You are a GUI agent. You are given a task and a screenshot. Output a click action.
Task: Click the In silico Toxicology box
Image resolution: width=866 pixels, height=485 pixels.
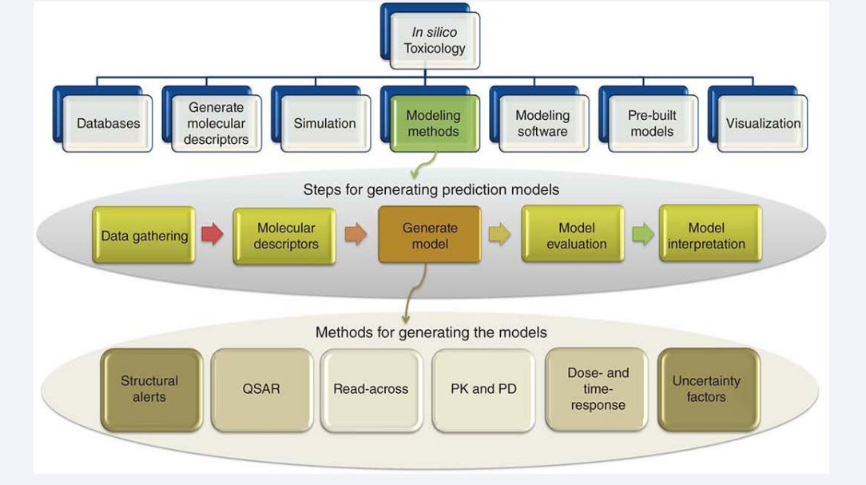(x=435, y=40)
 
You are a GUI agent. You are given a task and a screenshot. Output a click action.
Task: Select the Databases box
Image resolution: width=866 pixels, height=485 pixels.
(x=108, y=123)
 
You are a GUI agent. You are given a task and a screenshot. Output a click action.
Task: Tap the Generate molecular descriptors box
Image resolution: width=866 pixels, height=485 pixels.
(x=216, y=123)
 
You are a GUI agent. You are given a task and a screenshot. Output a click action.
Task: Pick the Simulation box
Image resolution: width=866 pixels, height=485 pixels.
(x=325, y=123)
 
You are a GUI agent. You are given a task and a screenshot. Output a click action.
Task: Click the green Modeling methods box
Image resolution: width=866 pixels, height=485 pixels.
(x=435, y=123)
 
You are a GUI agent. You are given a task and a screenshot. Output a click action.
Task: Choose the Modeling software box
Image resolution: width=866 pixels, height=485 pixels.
(x=543, y=123)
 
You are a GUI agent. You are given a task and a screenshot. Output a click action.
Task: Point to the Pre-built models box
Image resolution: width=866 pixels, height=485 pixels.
(x=653, y=123)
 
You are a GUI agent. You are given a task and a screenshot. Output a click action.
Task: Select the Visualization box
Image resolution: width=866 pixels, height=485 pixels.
(x=762, y=123)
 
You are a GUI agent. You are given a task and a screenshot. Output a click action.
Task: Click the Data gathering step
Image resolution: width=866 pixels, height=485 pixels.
(x=144, y=236)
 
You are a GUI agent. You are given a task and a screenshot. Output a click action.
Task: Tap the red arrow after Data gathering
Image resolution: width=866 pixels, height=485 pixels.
(x=212, y=234)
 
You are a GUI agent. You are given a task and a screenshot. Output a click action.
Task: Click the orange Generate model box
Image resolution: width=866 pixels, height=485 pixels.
(x=430, y=236)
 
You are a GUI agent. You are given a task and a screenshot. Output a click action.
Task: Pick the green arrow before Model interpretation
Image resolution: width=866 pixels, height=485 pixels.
(x=643, y=234)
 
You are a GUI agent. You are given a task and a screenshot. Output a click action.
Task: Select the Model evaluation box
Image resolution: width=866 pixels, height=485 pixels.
(x=574, y=236)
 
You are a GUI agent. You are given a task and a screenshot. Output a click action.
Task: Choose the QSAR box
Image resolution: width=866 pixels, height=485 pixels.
(x=262, y=389)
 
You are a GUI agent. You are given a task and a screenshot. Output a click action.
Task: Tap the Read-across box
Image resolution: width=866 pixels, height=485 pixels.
(x=371, y=389)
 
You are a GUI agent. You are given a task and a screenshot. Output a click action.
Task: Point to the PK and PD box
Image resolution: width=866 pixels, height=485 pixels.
(x=483, y=389)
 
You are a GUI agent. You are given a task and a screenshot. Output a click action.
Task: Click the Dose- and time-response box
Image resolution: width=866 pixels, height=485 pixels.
(x=597, y=389)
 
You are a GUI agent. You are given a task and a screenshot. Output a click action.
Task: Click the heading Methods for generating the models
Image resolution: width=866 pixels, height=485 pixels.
(x=431, y=332)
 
